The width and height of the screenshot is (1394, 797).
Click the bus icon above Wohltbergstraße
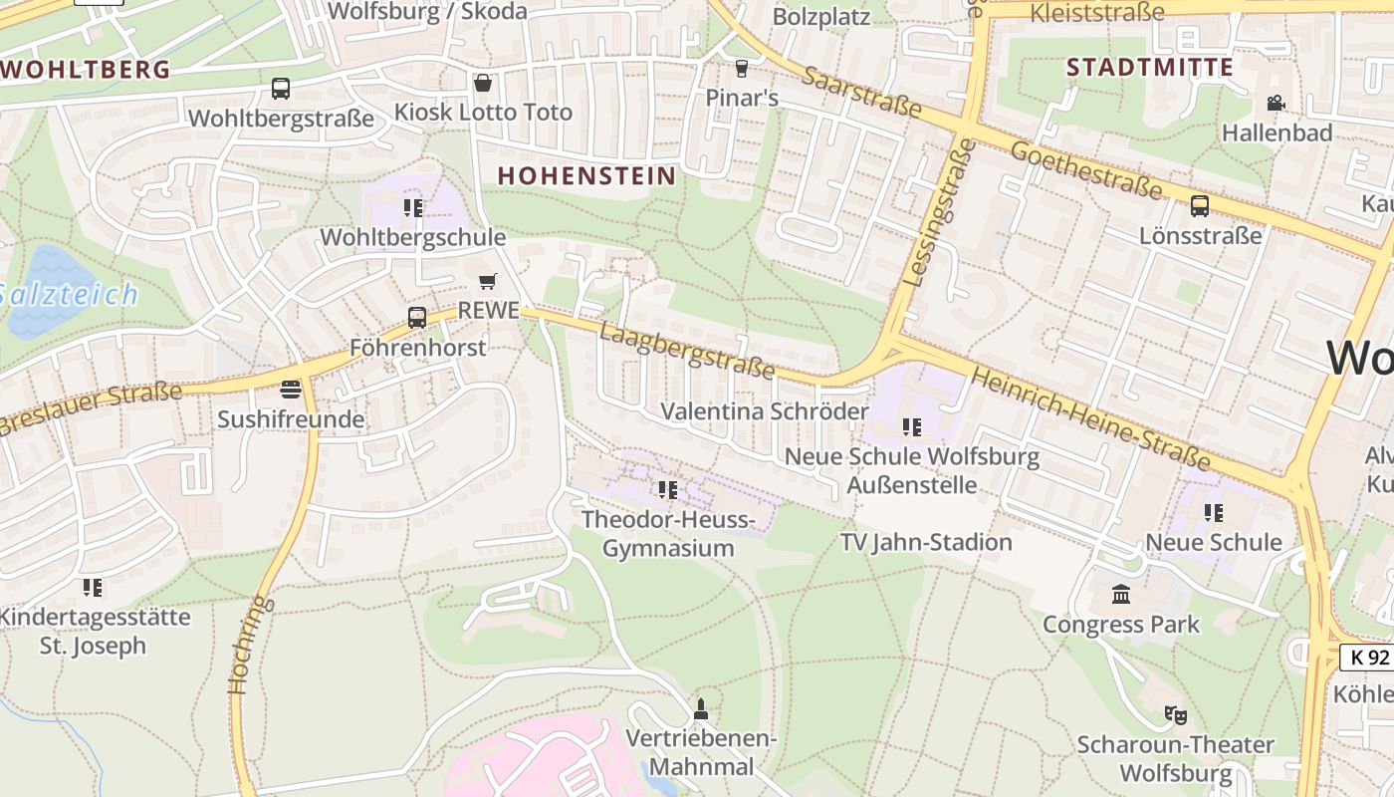tap(281, 88)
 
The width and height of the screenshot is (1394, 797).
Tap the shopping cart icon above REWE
tap(487, 282)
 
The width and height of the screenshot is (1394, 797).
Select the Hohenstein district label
tap(586, 175)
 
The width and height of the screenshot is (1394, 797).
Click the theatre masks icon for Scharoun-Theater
tap(1176, 714)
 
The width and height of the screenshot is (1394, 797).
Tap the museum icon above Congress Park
tap(1121, 595)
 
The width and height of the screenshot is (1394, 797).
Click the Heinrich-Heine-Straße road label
tap(1089, 418)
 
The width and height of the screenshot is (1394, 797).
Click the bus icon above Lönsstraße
tap(1200, 206)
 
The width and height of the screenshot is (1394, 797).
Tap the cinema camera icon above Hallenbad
tap(1276, 103)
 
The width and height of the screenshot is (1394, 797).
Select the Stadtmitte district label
tap(1150, 68)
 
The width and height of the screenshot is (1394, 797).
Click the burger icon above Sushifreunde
tap(291, 389)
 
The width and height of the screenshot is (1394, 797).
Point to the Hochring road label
tap(248, 644)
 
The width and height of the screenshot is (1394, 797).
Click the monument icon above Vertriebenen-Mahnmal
tap(701, 709)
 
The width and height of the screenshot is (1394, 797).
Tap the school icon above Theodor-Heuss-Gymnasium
tap(667, 490)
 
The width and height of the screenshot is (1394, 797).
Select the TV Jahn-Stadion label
tap(926, 542)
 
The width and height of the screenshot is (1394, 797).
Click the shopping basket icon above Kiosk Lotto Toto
tap(483, 82)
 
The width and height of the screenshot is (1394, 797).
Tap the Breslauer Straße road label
tap(90, 409)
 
